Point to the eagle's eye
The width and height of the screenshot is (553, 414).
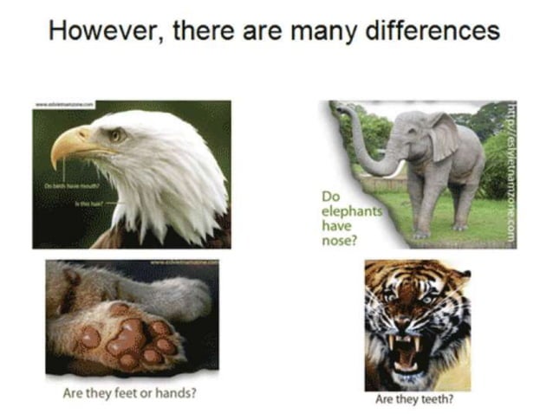116,135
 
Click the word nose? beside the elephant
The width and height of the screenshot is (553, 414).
337,238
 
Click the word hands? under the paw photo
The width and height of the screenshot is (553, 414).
178,392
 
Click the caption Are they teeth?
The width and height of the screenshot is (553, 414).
413,400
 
